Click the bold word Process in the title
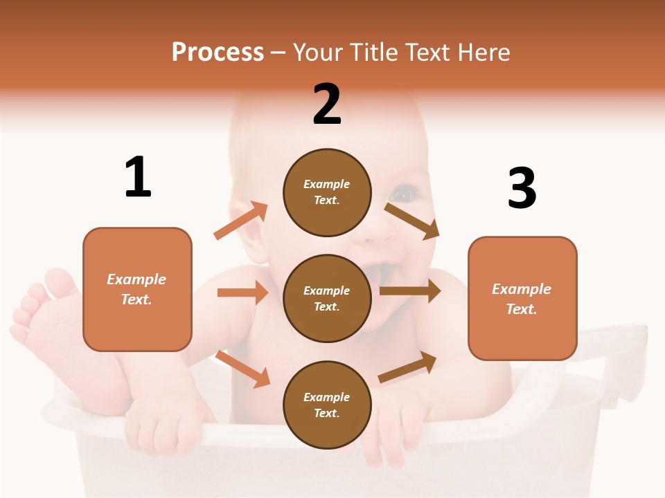[x=218, y=52]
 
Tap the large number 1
[x=138, y=177]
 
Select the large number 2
[x=327, y=104]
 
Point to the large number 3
[x=522, y=188]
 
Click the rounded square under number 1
[x=137, y=289]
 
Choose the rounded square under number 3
[x=522, y=298]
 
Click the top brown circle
[x=327, y=192]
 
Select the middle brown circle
[x=327, y=298]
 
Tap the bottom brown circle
[x=327, y=405]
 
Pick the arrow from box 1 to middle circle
[x=242, y=293]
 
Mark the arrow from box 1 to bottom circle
[x=242, y=369]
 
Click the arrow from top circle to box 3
[x=412, y=221]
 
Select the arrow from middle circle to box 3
[x=409, y=291]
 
